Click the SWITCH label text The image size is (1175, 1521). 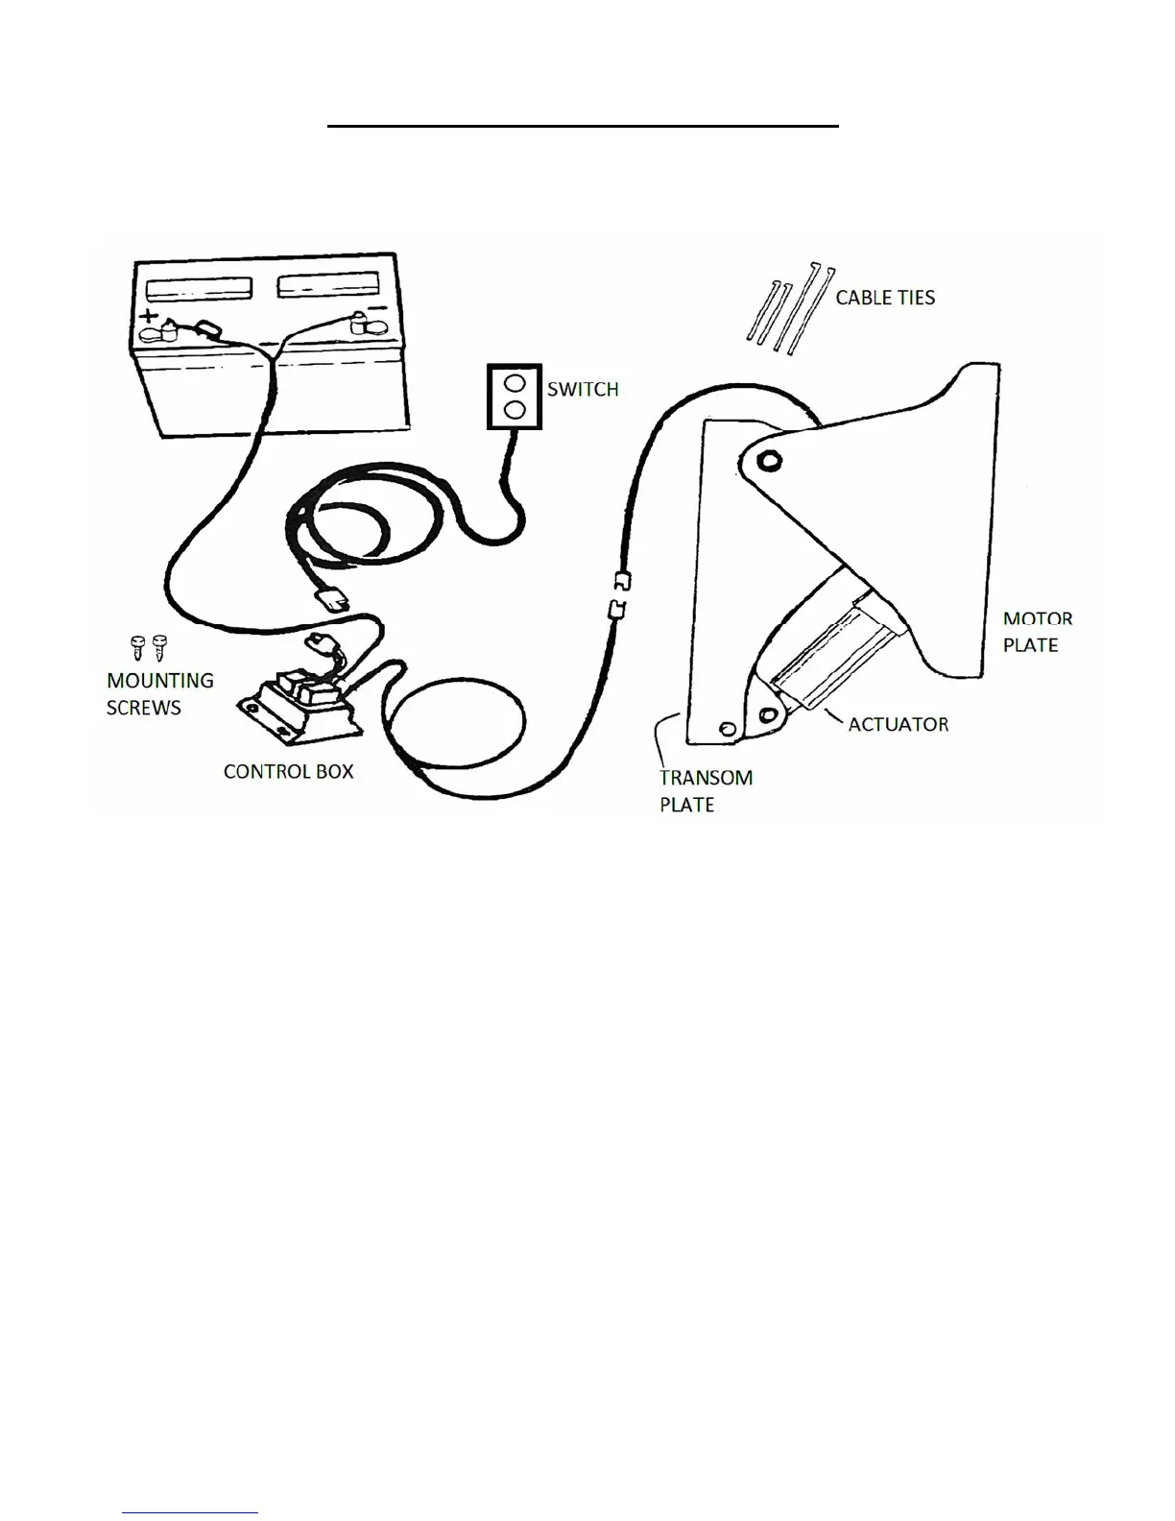click(582, 390)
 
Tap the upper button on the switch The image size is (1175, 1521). click(515, 382)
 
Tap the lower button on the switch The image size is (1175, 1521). click(515, 410)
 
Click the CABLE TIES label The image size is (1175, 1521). click(884, 298)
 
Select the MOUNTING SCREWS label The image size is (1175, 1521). click(159, 693)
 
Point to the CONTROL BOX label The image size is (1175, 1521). click(288, 771)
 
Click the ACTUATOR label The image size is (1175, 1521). click(898, 724)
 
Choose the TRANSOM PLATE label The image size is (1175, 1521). click(705, 790)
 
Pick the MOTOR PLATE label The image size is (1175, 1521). click(1037, 632)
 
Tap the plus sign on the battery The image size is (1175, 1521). click(149, 316)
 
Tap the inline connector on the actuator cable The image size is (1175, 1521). click(618, 595)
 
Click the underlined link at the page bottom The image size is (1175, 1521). click(190, 1512)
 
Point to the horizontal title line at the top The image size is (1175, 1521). click(583, 125)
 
